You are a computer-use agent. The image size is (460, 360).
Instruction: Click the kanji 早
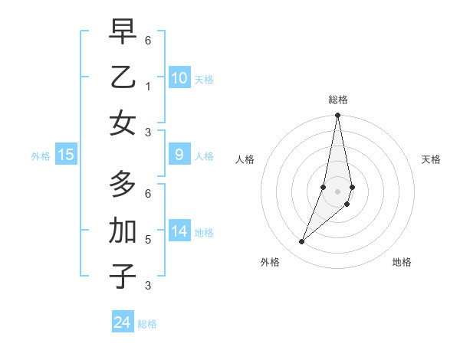click(x=123, y=34)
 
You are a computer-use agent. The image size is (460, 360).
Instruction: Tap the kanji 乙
click(x=123, y=78)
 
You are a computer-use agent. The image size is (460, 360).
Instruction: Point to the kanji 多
click(x=123, y=185)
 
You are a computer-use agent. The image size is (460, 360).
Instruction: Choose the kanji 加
click(x=123, y=230)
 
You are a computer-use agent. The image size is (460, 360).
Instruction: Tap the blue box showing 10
click(x=179, y=78)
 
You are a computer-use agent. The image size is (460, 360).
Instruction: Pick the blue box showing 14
click(x=179, y=232)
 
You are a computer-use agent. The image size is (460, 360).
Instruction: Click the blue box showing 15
click(x=66, y=155)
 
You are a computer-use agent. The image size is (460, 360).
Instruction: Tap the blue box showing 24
click(x=123, y=322)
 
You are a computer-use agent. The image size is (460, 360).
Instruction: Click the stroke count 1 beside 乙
click(x=148, y=87)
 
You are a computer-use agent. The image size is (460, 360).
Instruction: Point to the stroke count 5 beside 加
click(x=148, y=239)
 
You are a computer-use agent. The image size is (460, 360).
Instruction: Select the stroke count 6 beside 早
click(x=148, y=40)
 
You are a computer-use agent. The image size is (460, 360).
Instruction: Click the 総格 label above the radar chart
click(x=338, y=100)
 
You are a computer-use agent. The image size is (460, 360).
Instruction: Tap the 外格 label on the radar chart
click(x=270, y=262)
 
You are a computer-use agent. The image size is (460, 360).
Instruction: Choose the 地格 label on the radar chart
click(x=402, y=262)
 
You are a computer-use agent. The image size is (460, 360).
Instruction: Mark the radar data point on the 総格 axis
click(x=338, y=116)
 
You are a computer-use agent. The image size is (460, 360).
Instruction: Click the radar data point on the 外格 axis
click(x=302, y=242)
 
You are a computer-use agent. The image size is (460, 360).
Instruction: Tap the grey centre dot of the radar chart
click(x=338, y=191)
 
